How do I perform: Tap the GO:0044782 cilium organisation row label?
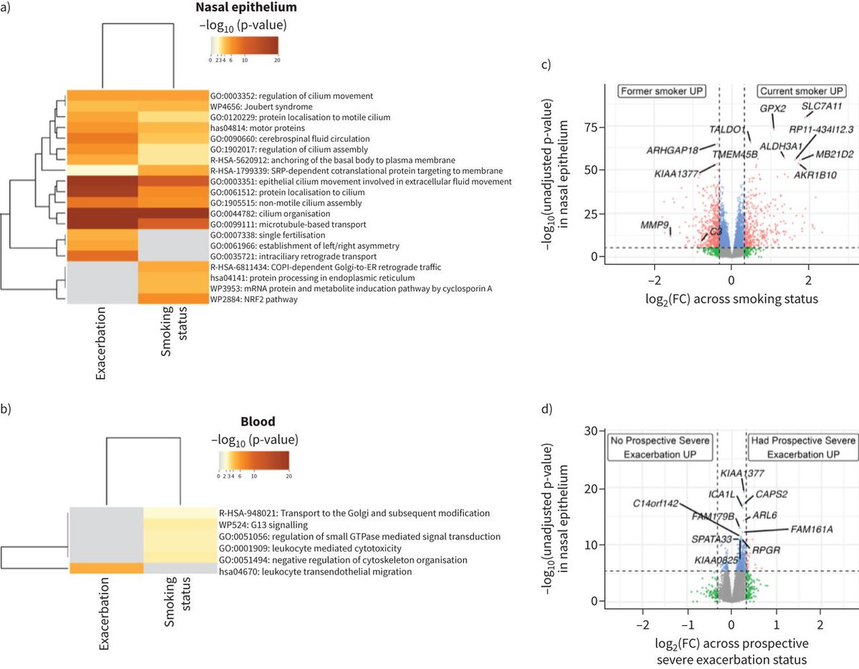[270, 213]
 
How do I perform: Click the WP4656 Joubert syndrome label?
[252, 106]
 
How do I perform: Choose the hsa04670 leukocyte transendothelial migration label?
[316, 571]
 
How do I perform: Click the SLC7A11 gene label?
[821, 106]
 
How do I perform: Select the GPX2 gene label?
[773, 108]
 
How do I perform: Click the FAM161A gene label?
[812, 529]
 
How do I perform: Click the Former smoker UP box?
[663, 92]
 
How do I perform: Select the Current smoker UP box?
[801, 92]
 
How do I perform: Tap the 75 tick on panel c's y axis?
[591, 126]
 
